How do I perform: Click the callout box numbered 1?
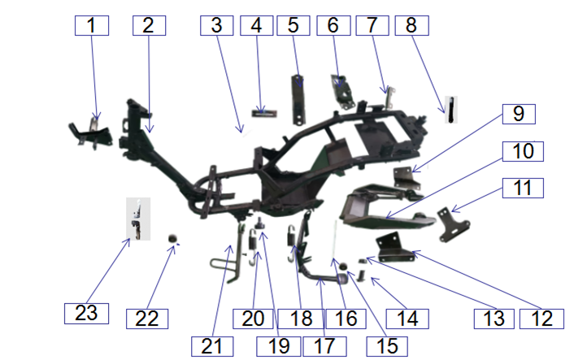tap(92, 25)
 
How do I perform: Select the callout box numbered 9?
tap(519, 114)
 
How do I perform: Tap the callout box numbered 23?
tap(86, 314)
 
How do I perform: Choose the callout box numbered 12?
tap(541, 319)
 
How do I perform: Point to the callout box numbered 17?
tap(324, 346)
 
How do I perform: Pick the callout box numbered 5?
tap(293, 25)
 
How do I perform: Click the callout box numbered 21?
tap(212, 346)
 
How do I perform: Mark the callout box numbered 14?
tap(407, 319)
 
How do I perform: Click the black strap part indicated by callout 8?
tap(451, 110)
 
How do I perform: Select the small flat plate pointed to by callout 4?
tap(264, 113)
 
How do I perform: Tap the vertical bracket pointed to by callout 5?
tap(298, 100)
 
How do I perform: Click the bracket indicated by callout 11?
tap(453, 224)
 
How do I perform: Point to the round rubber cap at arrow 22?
tap(172, 238)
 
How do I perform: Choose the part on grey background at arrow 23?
tap(138, 219)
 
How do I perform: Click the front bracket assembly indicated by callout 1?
tap(90, 133)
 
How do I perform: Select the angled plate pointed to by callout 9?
tap(407, 178)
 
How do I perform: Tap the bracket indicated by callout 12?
tap(394, 247)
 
